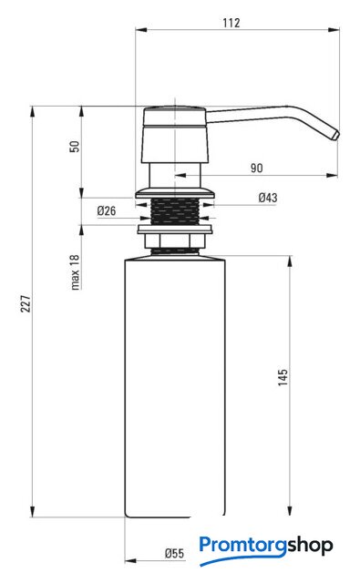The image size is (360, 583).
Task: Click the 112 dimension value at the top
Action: pyautogui.click(x=231, y=23)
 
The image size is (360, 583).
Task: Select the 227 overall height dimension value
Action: pyautogui.click(x=26, y=303)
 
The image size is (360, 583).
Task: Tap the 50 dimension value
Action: pyautogui.click(x=75, y=146)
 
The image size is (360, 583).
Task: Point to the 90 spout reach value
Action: pyautogui.click(x=256, y=168)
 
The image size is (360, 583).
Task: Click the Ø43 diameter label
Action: pyautogui.click(x=268, y=198)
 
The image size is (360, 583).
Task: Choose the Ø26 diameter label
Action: pyautogui.click(x=107, y=210)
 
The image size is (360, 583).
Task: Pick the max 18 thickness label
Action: pyautogui.click(x=75, y=272)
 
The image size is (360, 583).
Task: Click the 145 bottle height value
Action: pyautogui.click(x=283, y=377)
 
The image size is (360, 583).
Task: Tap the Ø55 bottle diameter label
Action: pyautogui.click(x=174, y=554)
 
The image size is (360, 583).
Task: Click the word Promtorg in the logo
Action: pyautogui.click(x=243, y=546)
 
